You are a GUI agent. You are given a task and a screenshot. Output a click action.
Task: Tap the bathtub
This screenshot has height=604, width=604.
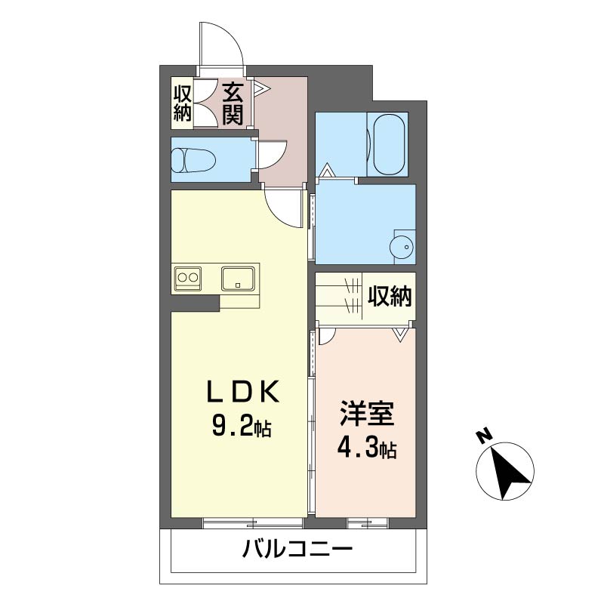390,145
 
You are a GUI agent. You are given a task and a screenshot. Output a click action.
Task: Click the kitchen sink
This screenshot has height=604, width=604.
238,279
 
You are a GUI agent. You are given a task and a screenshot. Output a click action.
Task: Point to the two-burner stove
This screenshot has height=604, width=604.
187,278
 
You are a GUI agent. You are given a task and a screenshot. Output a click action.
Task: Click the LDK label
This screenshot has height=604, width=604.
242,392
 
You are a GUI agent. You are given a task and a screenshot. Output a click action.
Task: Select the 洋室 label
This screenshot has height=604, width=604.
366,414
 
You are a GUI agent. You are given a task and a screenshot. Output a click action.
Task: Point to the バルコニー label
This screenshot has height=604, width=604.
297,549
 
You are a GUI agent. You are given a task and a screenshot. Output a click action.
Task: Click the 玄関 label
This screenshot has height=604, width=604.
233,103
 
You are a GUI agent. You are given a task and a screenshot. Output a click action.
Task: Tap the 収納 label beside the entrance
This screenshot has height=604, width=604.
182,103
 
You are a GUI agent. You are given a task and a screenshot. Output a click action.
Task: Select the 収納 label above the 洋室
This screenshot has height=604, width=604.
390,296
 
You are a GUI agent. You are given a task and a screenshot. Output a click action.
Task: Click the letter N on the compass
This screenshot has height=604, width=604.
484,436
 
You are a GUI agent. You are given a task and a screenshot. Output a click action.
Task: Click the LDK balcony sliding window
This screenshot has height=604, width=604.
253,523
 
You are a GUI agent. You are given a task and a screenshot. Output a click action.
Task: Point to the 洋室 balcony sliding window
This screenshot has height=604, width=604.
367,523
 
